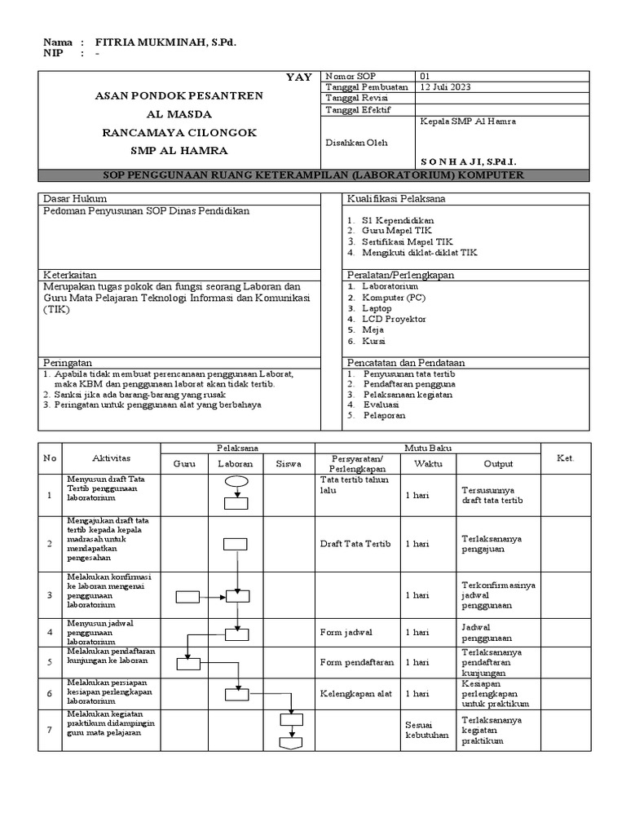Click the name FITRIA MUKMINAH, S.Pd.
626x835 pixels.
point(166,42)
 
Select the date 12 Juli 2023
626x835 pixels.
point(444,87)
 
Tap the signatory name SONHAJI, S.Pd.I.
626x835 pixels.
point(469,162)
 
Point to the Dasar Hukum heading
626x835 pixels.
point(74,199)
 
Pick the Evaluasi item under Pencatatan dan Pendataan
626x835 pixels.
point(381,404)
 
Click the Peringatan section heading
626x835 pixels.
point(68,362)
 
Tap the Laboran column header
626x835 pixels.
point(236,464)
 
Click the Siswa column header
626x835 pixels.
point(289,464)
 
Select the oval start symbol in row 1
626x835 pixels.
point(236,482)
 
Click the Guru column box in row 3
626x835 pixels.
point(187,596)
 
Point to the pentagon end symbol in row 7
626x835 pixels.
point(291,743)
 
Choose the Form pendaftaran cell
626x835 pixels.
point(357,662)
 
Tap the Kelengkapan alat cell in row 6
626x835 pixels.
point(356,694)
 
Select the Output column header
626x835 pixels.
point(498,464)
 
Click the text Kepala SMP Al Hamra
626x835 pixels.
point(467,121)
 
